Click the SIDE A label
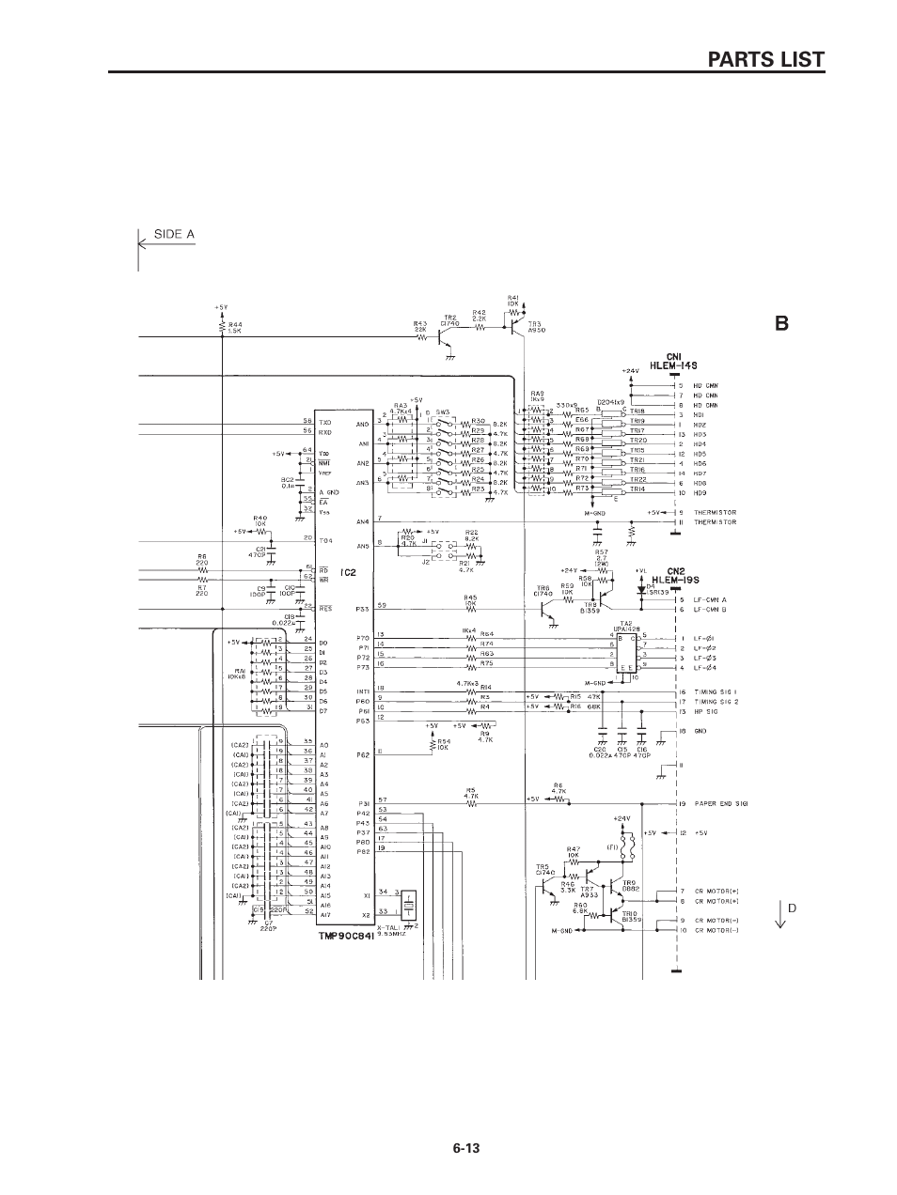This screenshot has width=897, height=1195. pyautogui.click(x=174, y=234)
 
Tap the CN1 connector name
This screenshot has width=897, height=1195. pyautogui.click(x=673, y=356)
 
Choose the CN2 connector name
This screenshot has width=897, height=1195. pyautogui.click(x=674, y=570)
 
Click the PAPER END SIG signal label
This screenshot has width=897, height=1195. pyautogui.click(x=721, y=804)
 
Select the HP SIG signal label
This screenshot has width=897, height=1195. pyautogui.click(x=707, y=711)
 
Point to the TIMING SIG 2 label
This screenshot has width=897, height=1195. pyautogui.click(x=716, y=701)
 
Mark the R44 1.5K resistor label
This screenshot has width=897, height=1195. pyautogui.click(x=235, y=327)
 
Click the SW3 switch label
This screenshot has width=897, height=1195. pyautogui.click(x=442, y=411)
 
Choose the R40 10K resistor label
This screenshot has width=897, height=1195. pyautogui.click(x=260, y=520)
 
